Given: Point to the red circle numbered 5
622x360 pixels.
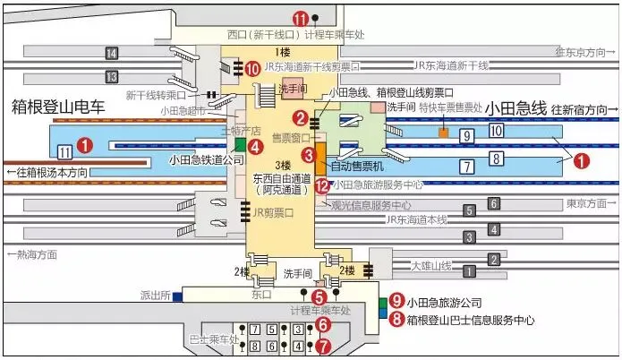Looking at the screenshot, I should pos(320,296).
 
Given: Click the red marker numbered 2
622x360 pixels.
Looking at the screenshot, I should pos(301,117).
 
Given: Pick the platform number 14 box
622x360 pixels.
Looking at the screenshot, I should pos(112,53).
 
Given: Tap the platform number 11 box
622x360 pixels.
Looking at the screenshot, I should pos(64,151).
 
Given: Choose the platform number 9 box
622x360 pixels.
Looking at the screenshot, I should pos(466,136).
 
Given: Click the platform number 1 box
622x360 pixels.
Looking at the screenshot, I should pos(493,260).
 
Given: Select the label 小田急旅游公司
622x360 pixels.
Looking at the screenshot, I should pos(446,302).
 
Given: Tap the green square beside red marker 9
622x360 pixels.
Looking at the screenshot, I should pos(383,301).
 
